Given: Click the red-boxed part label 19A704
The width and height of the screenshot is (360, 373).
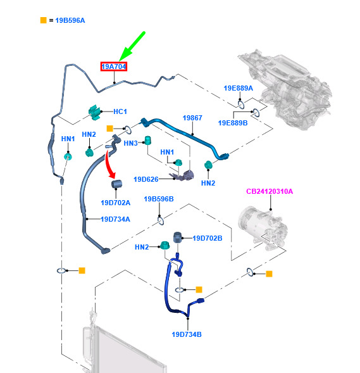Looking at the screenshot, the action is [114, 66].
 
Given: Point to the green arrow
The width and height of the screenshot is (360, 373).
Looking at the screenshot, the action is [132, 46].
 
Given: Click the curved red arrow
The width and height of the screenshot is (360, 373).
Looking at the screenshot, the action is [110, 164].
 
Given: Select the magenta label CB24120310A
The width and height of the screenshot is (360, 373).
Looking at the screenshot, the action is [270, 191].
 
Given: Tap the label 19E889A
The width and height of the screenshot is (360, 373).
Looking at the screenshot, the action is [239, 88].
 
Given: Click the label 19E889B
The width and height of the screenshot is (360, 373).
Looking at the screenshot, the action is [233, 123].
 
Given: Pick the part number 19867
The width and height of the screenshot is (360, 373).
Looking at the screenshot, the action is [192, 118].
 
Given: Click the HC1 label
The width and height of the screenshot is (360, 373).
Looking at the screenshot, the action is [120, 111].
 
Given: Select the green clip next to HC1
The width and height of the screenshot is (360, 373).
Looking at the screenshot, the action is [94, 112].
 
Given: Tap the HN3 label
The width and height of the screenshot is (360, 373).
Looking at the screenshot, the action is [131, 143].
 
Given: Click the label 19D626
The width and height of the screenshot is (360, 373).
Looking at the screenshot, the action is [146, 179].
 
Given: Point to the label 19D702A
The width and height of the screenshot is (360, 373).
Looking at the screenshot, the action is [116, 203].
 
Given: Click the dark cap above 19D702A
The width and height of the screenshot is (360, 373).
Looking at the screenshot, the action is [116, 184].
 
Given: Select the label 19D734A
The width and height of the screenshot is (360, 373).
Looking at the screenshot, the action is [116, 219].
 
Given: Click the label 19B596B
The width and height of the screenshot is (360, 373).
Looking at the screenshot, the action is [159, 199].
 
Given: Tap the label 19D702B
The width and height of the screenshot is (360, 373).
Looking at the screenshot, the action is [208, 238].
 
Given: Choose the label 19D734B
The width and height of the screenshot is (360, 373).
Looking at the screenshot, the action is [187, 335].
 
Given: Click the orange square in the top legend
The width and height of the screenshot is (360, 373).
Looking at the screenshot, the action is [44, 20].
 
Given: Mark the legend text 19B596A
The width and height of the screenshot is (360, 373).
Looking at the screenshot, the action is [70, 20].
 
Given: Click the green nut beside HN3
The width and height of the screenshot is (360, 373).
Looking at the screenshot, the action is [148, 141].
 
